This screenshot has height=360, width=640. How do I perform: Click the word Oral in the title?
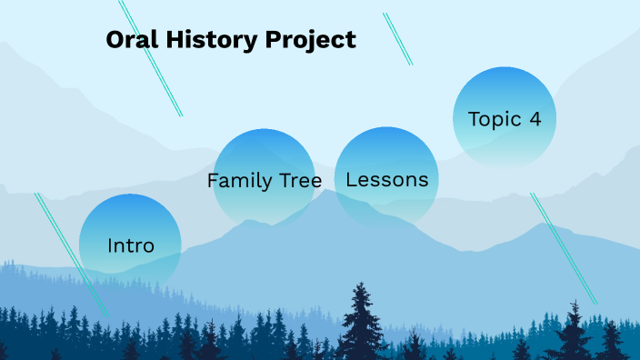(x=129, y=40)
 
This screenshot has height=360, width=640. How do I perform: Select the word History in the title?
(x=205, y=40)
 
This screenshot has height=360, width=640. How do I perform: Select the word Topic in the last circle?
(x=495, y=119)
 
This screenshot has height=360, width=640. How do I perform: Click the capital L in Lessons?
(x=351, y=179)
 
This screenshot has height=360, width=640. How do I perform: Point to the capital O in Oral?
(x=115, y=40)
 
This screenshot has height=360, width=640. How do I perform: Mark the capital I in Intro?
(x=110, y=245)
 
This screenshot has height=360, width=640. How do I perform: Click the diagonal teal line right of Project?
(x=397, y=39)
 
